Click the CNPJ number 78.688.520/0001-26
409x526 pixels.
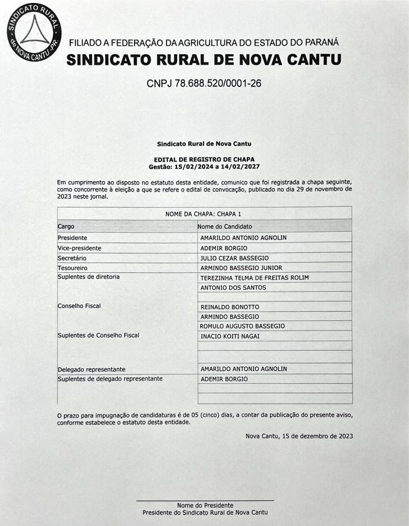click(x=204, y=83)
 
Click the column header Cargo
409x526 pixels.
click(x=66, y=226)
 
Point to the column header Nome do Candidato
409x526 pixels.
click(x=224, y=226)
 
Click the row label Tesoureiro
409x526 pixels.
click(x=73, y=268)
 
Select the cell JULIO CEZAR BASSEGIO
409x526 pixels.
click(x=234, y=258)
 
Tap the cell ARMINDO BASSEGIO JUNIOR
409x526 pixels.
click(x=241, y=268)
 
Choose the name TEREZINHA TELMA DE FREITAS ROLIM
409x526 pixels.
click(x=254, y=277)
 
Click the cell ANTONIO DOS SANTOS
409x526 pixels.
click(x=233, y=288)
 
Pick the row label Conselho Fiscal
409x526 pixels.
click(x=80, y=306)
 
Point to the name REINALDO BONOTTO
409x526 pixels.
click(x=230, y=307)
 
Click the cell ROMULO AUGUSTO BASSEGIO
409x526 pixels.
click(x=242, y=326)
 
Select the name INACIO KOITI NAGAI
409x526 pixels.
click(x=230, y=336)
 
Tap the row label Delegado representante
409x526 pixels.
click(x=91, y=369)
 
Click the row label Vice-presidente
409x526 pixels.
click(x=80, y=248)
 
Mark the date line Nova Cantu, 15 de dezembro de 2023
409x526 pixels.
click(x=299, y=436)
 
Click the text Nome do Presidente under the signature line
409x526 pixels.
click(x=205, y=505)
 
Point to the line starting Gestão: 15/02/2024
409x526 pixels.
click(x=204, y=166)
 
